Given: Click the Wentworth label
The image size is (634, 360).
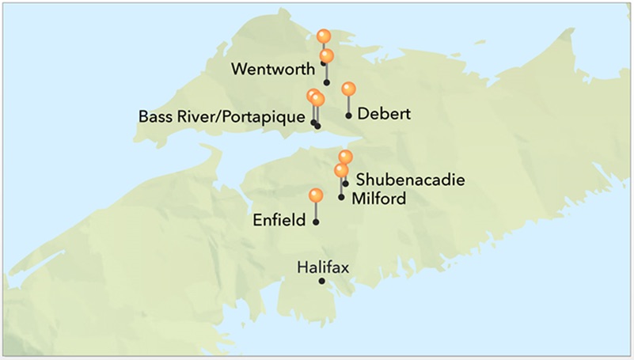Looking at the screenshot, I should tap(272, 69).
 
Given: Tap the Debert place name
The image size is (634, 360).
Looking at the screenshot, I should tap(384, 114).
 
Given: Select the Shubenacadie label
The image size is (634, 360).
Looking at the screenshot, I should tap(410, 180).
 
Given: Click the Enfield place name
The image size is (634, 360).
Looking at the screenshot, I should tap(279, 219).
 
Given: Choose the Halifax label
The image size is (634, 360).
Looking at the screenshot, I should tap(322, 267).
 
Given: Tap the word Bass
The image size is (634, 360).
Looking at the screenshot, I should tap(155, 116).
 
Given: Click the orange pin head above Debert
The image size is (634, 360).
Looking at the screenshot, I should tap(348, 89).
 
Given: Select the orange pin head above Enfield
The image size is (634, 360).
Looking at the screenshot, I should tap(316, 195).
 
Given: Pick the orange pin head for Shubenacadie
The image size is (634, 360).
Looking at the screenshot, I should tap(345, 157).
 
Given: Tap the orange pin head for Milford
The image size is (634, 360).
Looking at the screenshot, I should tap(341, 170).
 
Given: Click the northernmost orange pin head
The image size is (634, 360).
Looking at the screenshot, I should tap(323, 36).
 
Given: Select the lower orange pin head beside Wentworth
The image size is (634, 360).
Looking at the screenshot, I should tap(326, 55).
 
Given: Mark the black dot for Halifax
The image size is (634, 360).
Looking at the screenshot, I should tap(322, 281).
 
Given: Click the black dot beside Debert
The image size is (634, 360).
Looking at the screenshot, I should tap(348, 116).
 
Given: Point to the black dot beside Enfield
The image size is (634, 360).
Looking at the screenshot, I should tap(316, 222).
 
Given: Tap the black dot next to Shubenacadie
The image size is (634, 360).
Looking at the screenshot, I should tap(345, 184).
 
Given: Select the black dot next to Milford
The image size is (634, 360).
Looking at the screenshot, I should tap(341, 196).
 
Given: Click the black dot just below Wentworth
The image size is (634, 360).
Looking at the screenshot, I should tap(326, 82).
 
